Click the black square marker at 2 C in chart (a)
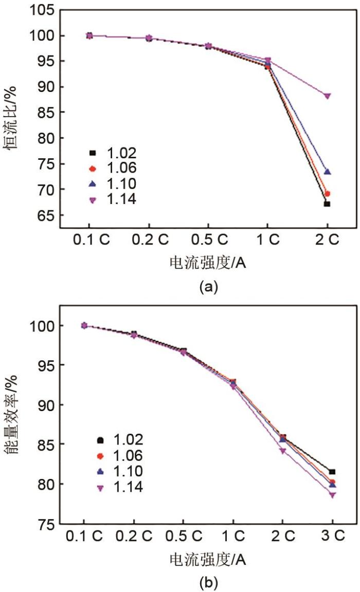[327, 204]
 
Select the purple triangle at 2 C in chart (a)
[327, 96]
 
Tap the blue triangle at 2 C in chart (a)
[327, 172]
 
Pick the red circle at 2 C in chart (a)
[327, 194]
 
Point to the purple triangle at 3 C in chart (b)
[332, 495]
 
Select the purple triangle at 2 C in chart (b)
[283, 451]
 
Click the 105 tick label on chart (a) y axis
[42, 10]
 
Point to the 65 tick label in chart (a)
[45, 215]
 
